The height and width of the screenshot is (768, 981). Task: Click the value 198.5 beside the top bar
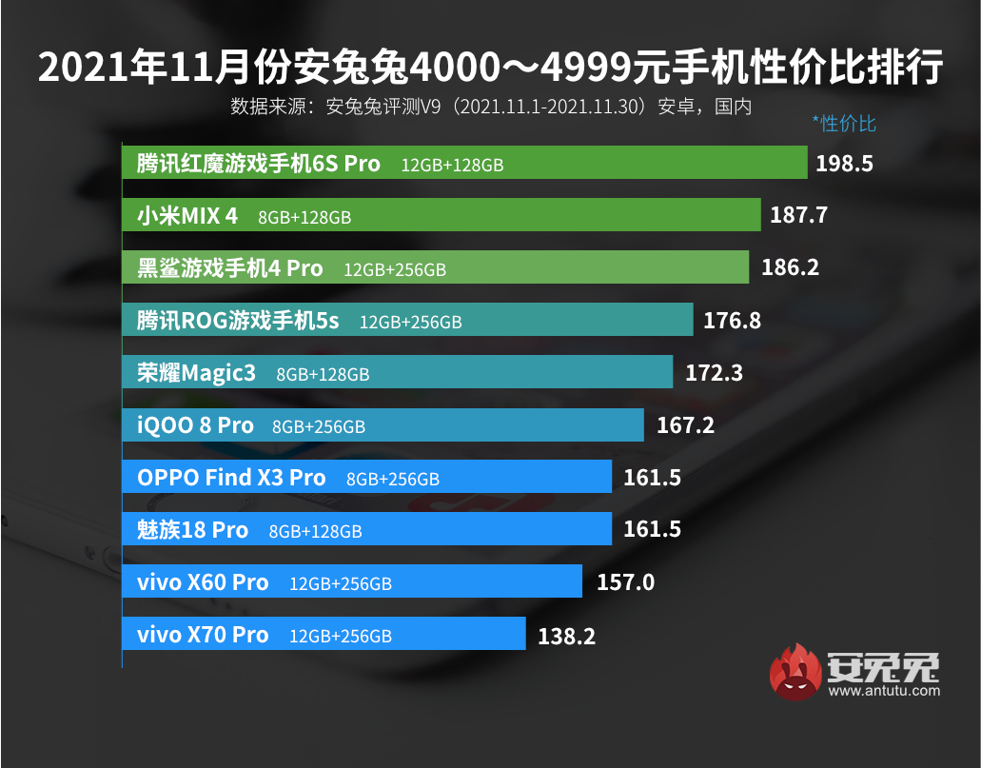pos(844,164)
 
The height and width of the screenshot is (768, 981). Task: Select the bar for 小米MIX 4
pos(441,216)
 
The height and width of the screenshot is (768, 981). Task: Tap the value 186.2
pos(790,268)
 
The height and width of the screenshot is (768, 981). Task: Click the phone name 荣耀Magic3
pos(197,373)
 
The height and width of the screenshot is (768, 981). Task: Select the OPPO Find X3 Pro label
pos(231,478)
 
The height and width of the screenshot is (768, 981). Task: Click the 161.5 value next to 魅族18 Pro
pos(652,529)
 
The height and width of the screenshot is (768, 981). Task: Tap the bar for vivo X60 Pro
pos(351,581)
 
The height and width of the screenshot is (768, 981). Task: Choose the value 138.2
pos(566,635)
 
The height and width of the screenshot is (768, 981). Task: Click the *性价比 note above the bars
pos(843,124)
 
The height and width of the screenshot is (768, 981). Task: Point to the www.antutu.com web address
pos(883,691)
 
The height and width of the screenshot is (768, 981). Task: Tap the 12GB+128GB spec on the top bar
pos(452,166)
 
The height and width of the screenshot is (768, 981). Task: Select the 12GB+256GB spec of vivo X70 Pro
pos(340,636)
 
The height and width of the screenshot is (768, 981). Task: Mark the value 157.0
pos(625,581)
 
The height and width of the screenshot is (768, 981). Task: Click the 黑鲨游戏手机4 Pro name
pos(230,268)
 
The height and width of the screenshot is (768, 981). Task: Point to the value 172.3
pos(714,373)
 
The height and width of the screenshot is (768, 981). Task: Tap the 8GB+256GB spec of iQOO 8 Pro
pos(318,426)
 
